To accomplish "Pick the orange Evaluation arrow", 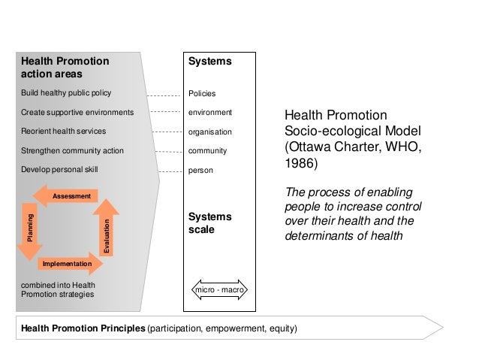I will tap(107, 228).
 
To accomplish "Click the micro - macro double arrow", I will tap(220, 290).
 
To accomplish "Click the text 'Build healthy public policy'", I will tap(66, 93).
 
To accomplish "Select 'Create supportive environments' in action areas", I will tap(77, 113).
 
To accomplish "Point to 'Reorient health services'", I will tap(64, 132).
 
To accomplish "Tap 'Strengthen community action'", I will tap(72, 151).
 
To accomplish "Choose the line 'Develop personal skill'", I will tap(59, 170).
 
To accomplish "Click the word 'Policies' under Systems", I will tap(202, 94).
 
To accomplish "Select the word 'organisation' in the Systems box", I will tap(210, 132).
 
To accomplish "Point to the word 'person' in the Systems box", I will tap(200, 171).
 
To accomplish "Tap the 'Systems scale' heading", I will tap(209, 223).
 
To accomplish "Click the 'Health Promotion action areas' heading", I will tap(65, 68).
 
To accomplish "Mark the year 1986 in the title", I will tap(301, 163).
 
